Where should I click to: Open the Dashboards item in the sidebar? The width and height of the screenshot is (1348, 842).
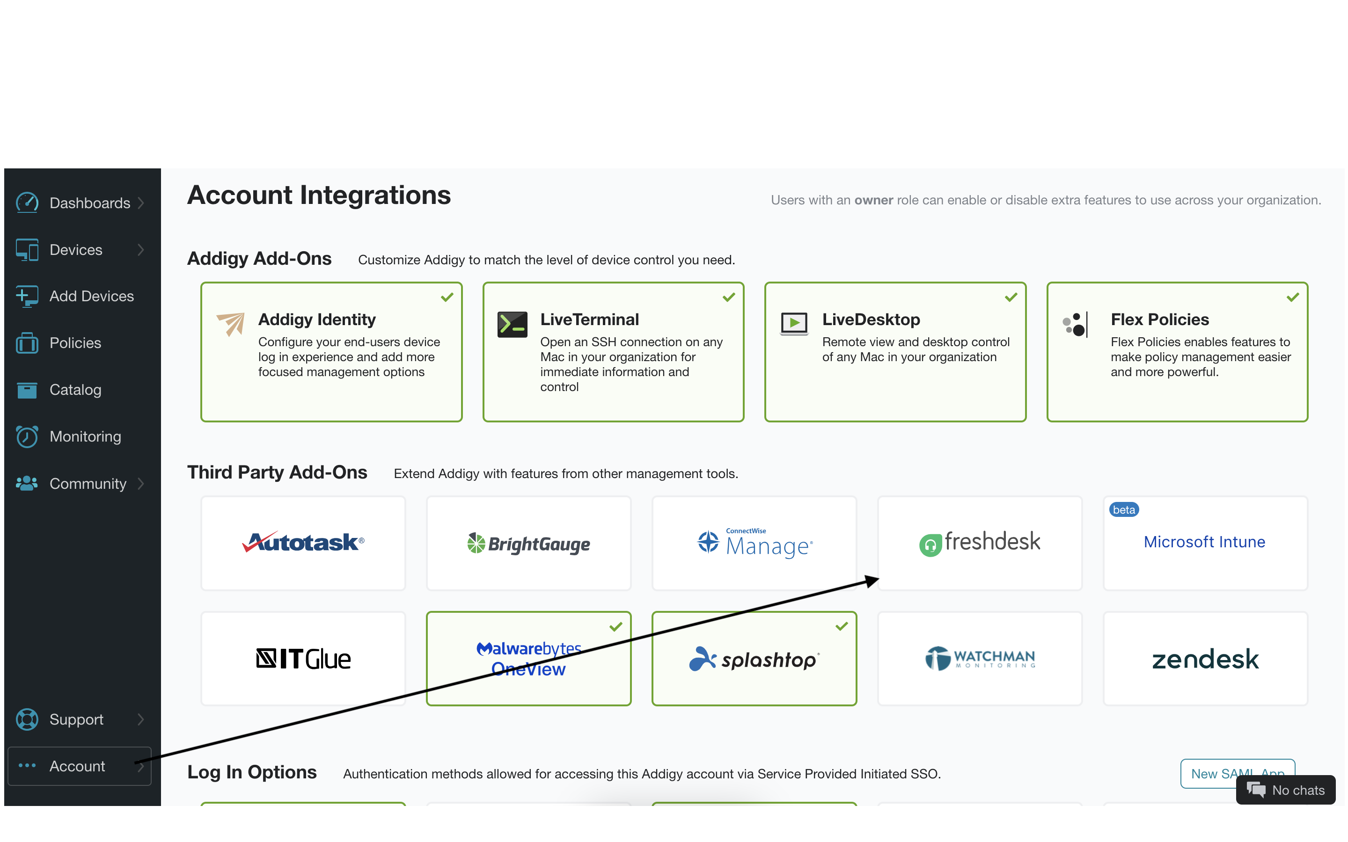click(x=89, y=203)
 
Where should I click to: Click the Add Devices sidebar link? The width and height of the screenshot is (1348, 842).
click(x=91, y=296)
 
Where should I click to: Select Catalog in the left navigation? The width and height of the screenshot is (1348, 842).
click(x=75, y=390)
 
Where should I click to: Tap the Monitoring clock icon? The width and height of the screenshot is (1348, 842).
click(x=27, y=436)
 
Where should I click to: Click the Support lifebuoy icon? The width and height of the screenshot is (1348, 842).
click(x=27, y=719)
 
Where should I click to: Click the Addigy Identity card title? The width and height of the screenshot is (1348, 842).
click(x=317, y=319)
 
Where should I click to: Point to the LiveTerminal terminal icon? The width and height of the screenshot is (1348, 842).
click(x=512, y=325)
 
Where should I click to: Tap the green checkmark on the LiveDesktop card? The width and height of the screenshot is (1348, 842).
click(x=1011, y=298)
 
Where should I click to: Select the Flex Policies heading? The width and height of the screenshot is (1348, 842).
click(x=1160, y=319)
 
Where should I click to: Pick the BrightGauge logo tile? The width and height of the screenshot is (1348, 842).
click(x=528, y=544)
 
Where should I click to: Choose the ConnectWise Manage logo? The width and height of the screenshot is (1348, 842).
click(x=755, y=543)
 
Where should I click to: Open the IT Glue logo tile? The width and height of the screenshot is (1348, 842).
click(x=304, y=659)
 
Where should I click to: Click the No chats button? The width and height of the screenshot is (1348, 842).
click(x=1286, y=790)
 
